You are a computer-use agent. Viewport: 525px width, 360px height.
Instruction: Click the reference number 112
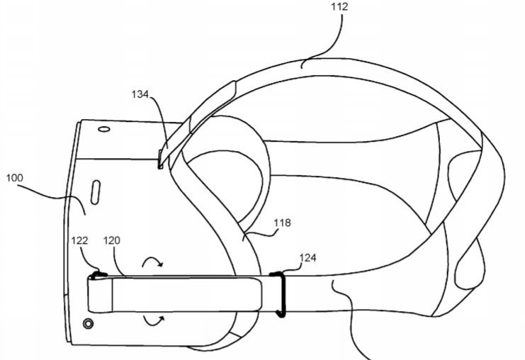point(339,6)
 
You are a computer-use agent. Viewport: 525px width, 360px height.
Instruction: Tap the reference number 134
point(140,94)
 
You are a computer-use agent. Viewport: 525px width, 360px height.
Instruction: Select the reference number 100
point(15,178)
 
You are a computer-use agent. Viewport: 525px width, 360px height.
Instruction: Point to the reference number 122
point(79,240)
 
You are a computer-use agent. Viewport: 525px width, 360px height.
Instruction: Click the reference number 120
point(111,240)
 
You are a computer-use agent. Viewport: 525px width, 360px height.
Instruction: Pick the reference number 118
point(282,223)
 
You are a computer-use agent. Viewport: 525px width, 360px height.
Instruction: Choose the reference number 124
point(307,257)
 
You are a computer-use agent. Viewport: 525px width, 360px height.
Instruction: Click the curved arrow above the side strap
point(152,261)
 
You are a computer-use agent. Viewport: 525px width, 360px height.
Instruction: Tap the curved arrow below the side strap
point(154,321)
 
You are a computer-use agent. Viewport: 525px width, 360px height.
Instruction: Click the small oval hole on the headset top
point(104,129)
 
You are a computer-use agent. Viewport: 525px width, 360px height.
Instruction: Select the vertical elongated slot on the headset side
point(96,192)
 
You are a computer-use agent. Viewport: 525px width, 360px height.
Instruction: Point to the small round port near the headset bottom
point(88,324)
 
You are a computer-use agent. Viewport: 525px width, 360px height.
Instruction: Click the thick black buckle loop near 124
point(281,294)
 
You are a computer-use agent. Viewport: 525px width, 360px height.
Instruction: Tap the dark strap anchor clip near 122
point(98,275)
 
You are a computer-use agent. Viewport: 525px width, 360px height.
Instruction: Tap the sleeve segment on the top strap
point(213,106)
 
